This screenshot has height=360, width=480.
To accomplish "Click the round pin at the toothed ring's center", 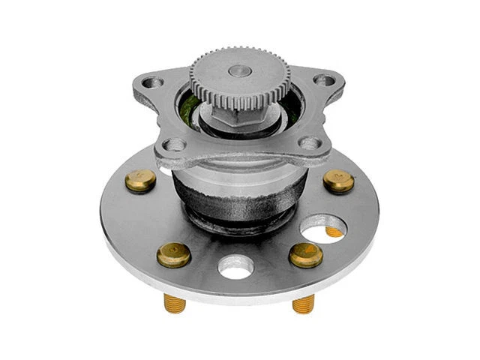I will [238, 70].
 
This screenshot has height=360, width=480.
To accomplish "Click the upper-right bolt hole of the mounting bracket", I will [323, 79].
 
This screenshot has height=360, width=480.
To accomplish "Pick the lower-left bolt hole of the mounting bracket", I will [175, 144].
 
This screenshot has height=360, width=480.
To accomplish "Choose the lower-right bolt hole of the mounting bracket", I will [308, 142].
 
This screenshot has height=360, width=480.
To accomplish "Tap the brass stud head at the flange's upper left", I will [141, 179].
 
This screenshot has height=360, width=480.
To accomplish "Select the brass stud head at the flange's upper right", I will [338, 181].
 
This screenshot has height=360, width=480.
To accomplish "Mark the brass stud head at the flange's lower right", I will [305, 254].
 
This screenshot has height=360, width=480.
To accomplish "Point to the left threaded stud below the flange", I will [175, 303].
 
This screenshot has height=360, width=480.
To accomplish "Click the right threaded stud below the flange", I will [303, 303].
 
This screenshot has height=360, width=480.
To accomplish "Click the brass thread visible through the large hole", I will [333, 232].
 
